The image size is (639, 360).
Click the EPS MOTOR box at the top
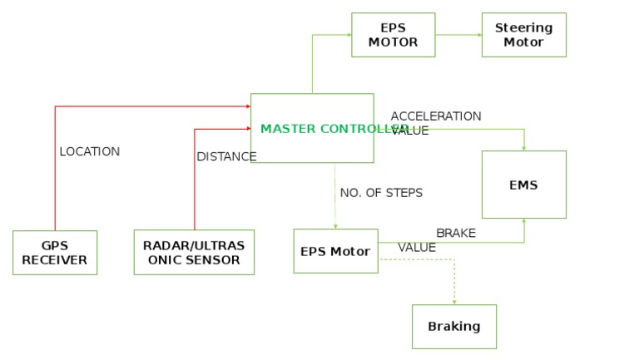[x=393, y=35]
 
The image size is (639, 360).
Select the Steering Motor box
[x=523, y=35]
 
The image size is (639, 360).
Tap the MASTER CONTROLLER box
[x=312, y=128]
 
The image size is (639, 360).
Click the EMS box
[x=523, y=185]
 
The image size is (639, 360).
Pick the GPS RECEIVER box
[x=55, y=253]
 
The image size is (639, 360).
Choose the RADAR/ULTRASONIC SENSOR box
[x=194, y=253]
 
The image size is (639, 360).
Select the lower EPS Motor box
[x=335, y=251]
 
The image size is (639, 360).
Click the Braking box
[x=454, y=327]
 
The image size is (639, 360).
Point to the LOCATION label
[x=90, y=152]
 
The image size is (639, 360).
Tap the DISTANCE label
[x=226, y=156]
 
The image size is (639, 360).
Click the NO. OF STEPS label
[x=381, y=193]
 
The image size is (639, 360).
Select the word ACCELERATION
[x=436, y=116]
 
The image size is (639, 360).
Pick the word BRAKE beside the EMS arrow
[x=456, y=234]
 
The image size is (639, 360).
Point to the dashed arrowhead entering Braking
[x=454, y=301]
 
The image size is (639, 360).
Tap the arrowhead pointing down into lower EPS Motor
[x=335, y=225]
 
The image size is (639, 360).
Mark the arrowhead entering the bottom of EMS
[x=524, y=222]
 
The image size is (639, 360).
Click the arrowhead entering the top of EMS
[x=524, y=147]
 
